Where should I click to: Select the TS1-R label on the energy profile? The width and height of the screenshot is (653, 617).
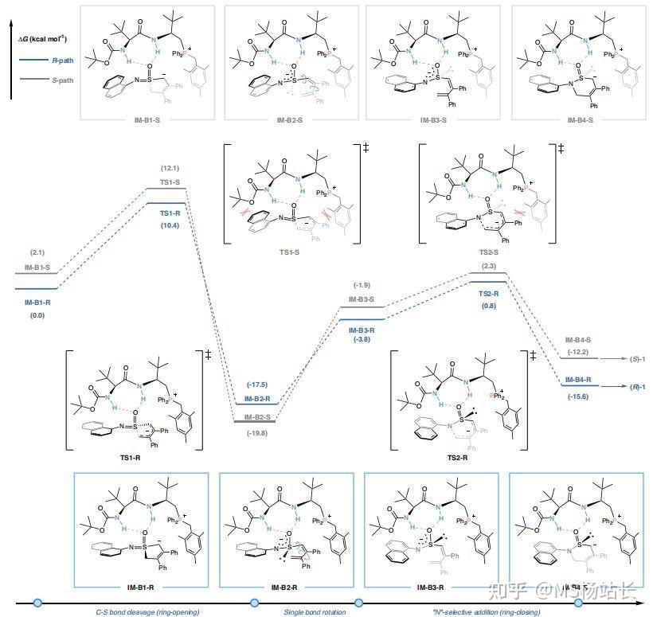[170, 214]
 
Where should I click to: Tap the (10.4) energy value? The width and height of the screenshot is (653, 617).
[170, 227]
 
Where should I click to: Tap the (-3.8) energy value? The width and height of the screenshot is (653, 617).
[363, 339]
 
